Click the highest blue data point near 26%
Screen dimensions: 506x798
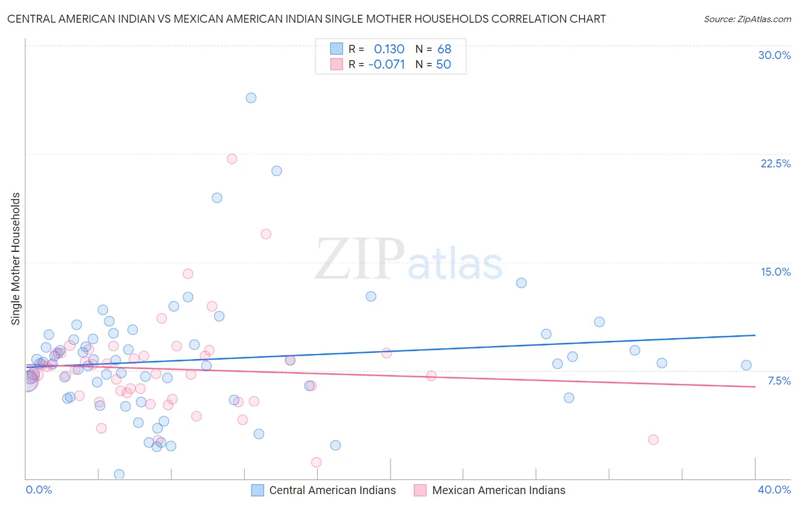pos(251,98)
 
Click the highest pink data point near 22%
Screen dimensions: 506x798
pos(232,159)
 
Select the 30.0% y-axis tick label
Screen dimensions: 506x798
pos(774,55)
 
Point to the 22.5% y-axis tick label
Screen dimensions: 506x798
pos(775,163)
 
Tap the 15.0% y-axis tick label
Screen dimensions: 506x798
pos(775,272)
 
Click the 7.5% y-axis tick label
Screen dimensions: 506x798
pos(779,381)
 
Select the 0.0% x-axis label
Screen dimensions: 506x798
pos(39,490)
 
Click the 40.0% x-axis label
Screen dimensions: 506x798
pos(774,490)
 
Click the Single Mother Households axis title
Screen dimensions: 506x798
pos(16,259)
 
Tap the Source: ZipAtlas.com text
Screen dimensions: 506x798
pos(747,19)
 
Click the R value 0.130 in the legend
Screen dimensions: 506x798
pos(389,49)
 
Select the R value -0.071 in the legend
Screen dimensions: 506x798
pos(387,65)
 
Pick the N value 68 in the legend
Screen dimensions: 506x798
pos(444,49)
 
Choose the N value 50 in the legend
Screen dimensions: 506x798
pos(443,65)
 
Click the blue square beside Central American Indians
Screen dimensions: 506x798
pos(258,490)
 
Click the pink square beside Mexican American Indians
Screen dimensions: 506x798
pos(420,490)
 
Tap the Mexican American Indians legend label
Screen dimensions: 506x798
pos(498,490)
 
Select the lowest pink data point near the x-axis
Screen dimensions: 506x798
pos(316,462)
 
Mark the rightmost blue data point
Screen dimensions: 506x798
pos(746,365)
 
